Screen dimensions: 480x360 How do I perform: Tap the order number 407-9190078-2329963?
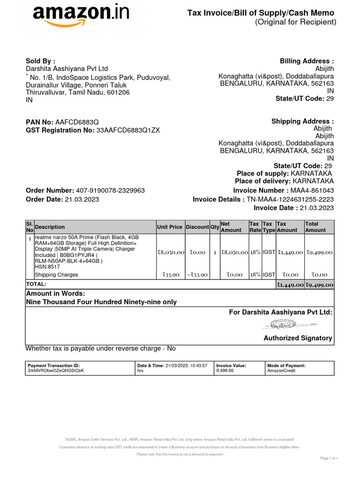(x=110, y=190)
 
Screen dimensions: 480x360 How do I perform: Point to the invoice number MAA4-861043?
(x=312, y=190)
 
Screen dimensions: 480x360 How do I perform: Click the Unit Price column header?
(x=170, y=227)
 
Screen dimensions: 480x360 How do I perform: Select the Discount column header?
(x=197, y=227)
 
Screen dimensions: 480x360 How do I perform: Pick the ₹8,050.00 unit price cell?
(x=171, y=252)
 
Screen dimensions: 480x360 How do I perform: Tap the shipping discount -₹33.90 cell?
(x=197, y=275)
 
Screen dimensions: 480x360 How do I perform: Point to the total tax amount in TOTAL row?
(x=290, y=285)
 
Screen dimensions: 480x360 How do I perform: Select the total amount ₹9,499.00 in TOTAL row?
(x=319, y=285)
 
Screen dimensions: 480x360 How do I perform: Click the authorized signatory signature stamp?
(x=281, y=324)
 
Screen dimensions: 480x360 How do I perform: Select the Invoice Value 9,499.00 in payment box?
(x=225, y=370)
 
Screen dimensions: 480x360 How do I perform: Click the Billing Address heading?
(x=307, y=61)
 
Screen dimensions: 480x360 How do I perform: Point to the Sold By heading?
(x=40, y=61)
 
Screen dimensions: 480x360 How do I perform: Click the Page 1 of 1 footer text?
(x=329, y=458)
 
